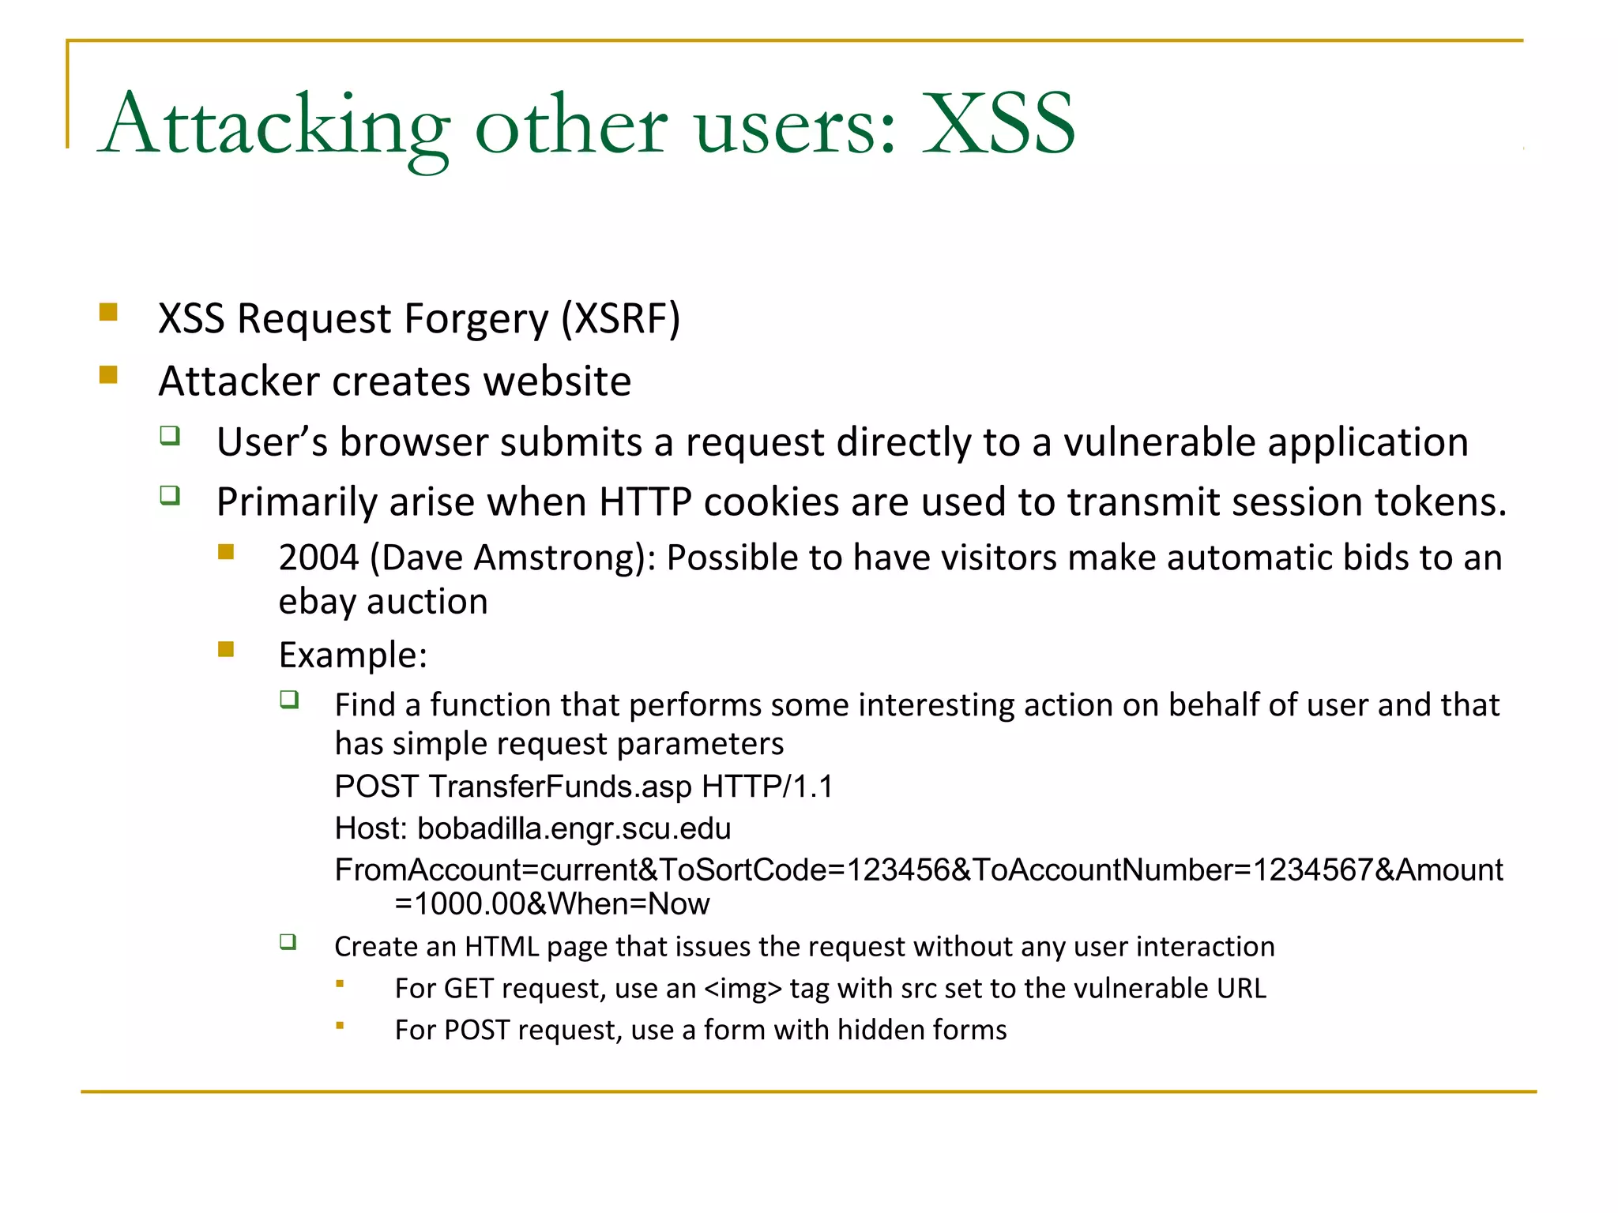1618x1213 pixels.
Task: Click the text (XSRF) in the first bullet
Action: tap(620, 319)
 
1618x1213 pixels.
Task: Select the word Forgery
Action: tap(476, 319)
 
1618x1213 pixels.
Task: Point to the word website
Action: tap(557, 381)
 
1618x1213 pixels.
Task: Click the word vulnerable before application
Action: tap(1159, 442)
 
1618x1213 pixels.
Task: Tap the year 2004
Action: tap(318, 558)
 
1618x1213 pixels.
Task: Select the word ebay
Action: tap(317, 602)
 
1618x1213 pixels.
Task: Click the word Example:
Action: tap(353, 655)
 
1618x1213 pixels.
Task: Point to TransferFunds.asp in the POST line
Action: tap(560, 787)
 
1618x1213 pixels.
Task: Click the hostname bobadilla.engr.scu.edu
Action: tap(574, 828)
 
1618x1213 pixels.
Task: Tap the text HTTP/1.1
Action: tap(767, 787)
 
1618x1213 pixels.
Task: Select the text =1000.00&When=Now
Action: tap(551, 904)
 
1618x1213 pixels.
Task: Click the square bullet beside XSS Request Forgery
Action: tap(108, 312)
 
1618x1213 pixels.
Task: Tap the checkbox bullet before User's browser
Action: tap(170, 435)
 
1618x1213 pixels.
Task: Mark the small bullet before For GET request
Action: tap(340, 984)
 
